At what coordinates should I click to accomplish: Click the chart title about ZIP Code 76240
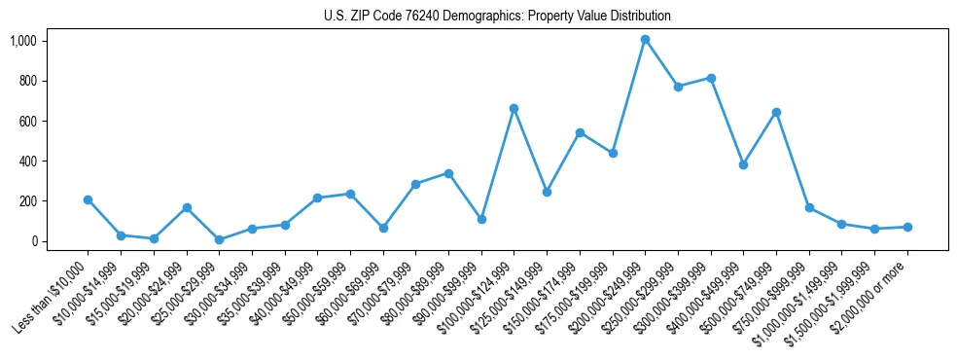497,17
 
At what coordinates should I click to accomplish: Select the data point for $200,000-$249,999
645,40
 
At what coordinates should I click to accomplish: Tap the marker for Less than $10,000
89,199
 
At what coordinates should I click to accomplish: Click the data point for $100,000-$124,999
514,108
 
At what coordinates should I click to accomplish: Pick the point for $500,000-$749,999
776,112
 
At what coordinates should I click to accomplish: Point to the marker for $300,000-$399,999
711,78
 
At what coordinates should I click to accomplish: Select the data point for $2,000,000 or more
907,227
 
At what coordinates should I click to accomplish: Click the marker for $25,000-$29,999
219,239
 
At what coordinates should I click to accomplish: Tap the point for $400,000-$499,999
743,164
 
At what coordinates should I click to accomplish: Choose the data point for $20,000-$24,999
187,207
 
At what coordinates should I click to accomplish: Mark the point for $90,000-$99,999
480,219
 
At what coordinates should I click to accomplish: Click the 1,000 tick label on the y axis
22,41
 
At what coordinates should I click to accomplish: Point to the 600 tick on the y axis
27,121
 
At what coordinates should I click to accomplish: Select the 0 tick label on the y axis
32,241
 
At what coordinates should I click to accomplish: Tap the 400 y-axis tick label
27,162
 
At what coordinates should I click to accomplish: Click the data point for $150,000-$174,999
580,132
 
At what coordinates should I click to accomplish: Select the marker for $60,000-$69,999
383,228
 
